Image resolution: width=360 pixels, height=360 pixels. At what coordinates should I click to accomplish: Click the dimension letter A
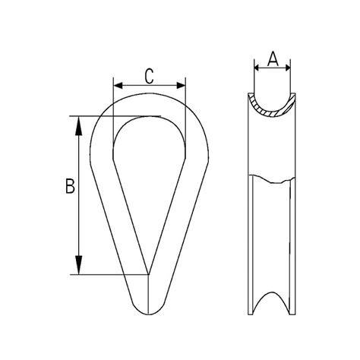tap(273, 58)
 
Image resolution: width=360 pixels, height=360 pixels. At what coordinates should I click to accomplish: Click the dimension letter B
tap(70, 186)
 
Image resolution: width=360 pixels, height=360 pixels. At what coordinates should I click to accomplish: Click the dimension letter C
tap(149, 76)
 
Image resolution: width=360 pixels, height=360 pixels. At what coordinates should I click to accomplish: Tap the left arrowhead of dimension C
tap(118, 86)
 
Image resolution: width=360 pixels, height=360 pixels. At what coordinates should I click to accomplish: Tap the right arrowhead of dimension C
tap(181, 86)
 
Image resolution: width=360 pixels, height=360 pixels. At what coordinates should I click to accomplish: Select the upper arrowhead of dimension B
tap(79, 126)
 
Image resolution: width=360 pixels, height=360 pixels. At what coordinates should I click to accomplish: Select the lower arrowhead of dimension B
tap(79, 265)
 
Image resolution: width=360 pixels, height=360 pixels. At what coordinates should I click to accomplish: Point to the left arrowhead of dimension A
tap(257, 68)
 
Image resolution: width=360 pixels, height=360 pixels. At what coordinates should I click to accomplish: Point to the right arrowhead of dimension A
tap(287, 68)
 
